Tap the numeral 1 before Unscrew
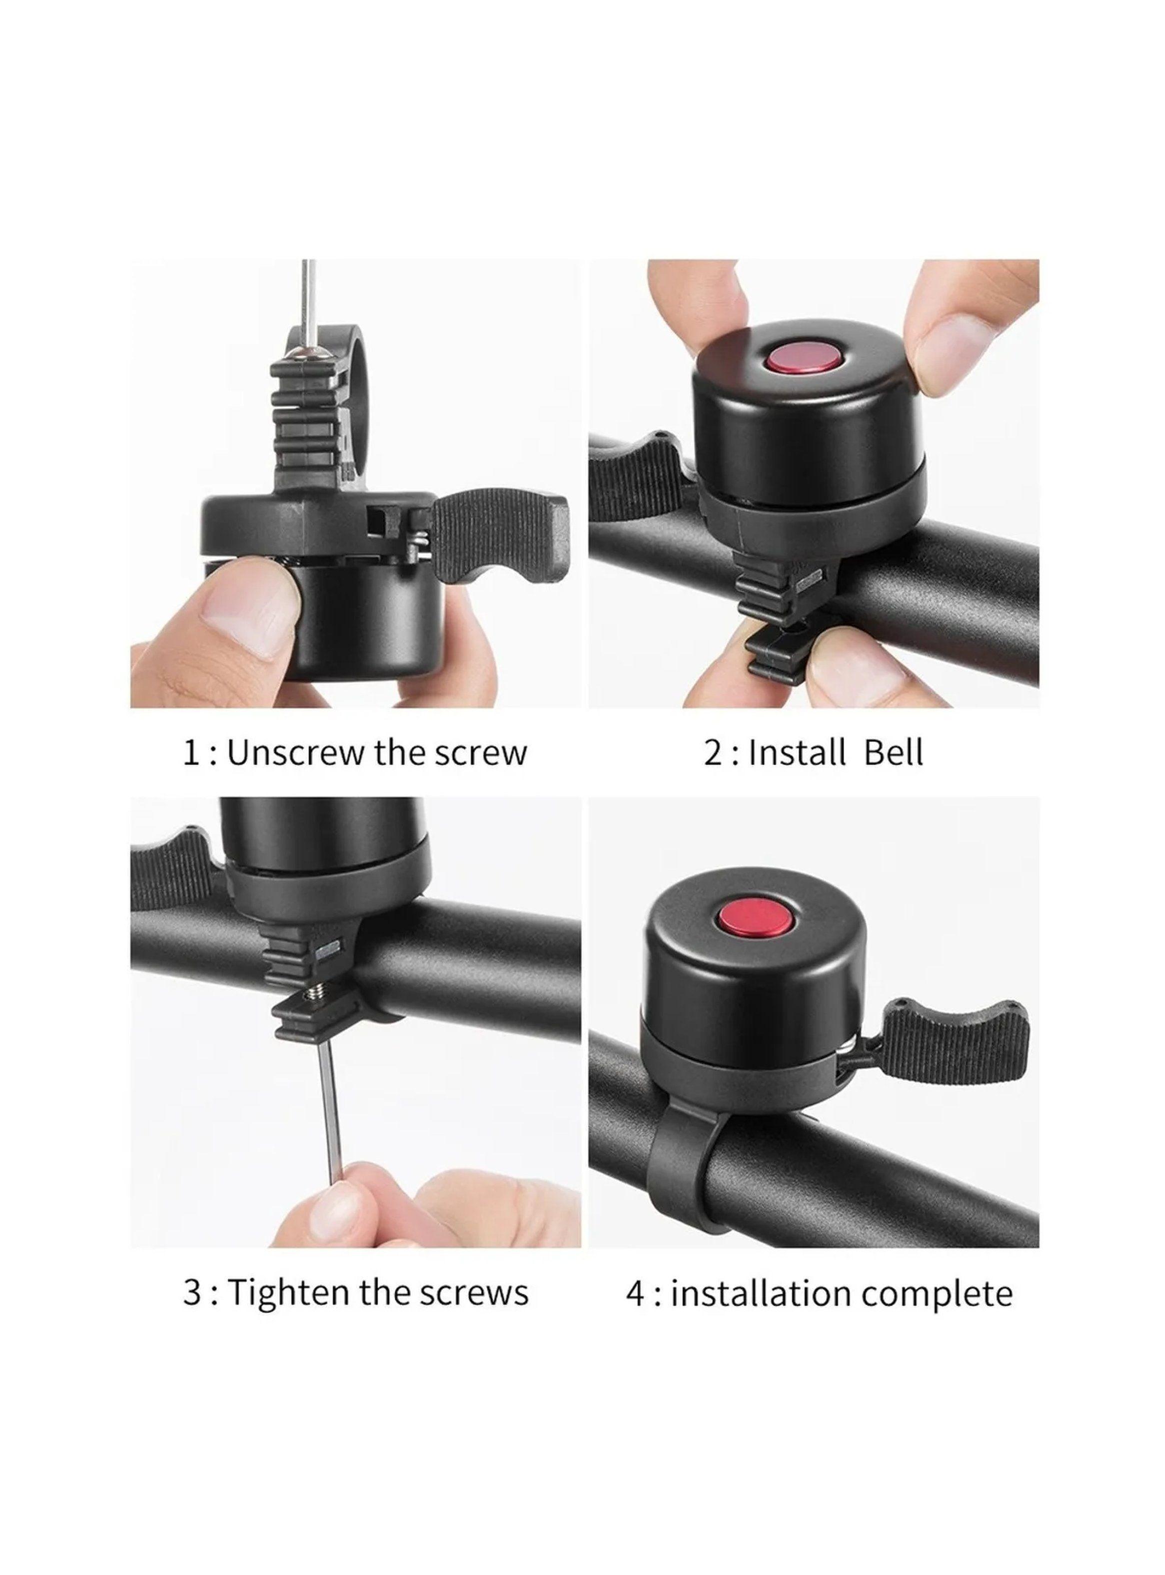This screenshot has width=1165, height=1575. pyautogui.click(x=191, y=753)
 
